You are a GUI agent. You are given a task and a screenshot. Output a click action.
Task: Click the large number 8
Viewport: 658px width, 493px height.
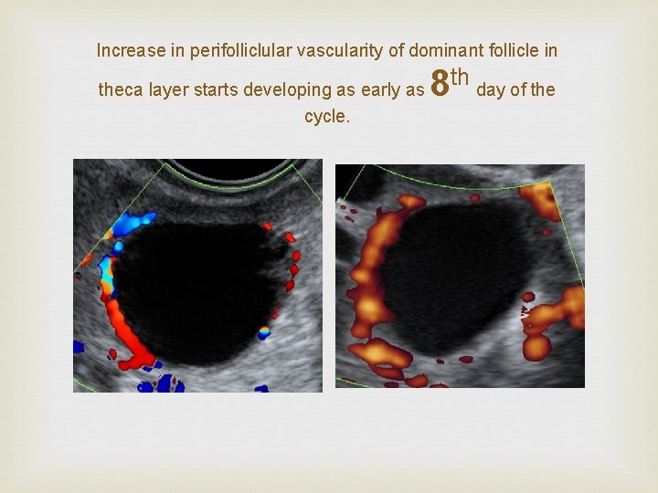pos(439,84)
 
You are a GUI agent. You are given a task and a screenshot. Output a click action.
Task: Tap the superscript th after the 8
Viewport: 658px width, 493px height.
pos(460,76)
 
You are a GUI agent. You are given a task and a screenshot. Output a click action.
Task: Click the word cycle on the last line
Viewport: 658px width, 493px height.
pos(325,117)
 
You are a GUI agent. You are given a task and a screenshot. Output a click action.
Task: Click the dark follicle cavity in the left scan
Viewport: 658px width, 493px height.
pos(196,288)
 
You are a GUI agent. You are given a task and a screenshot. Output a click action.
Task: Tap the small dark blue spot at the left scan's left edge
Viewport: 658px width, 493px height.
pos(78,347)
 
